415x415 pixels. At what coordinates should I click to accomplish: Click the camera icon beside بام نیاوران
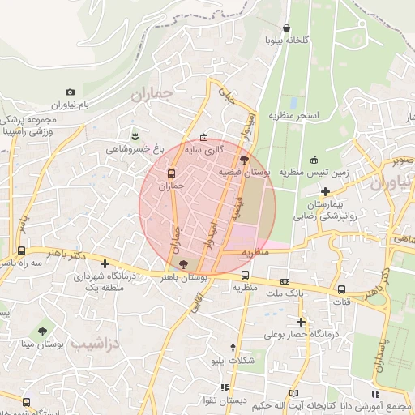pos(70,92)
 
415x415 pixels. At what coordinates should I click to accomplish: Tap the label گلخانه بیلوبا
pos(287,40)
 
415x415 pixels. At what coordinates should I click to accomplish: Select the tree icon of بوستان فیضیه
pos(245,160)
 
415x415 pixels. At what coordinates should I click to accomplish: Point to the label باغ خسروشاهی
pos(135,149)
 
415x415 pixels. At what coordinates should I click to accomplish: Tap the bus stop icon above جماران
pos(171,173)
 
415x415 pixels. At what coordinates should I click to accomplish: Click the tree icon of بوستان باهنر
pos(183,263)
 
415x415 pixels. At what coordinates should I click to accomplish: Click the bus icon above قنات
pos(341,289)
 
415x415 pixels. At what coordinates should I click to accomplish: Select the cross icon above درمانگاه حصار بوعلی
pos(300,322)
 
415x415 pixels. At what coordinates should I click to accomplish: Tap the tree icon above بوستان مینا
pos(42,331)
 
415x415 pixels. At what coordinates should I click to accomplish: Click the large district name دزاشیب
pos(89,344)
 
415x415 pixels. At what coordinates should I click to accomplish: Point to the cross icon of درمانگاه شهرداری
pos(105,263)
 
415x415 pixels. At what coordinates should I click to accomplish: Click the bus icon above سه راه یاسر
pos(21,252)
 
